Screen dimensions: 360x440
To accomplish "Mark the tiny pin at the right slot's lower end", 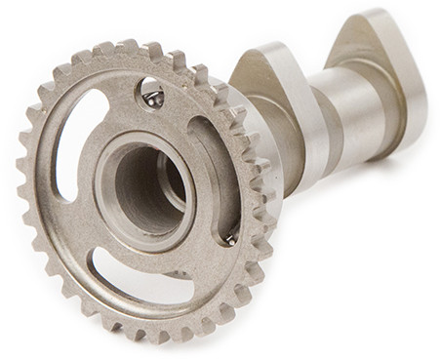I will (230, 236).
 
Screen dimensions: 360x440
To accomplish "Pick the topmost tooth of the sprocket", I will (127, 47).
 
